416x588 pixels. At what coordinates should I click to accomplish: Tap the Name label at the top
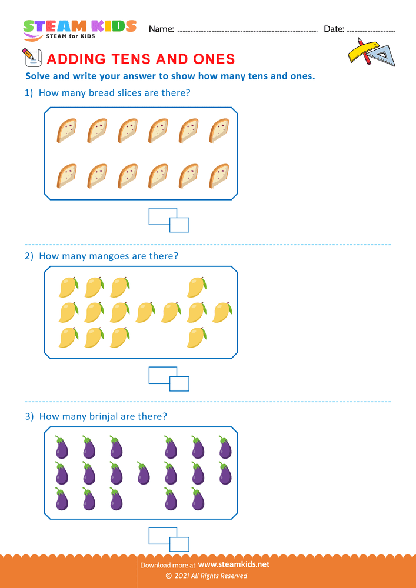pos(161,29)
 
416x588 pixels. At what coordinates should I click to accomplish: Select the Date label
pos(334,29)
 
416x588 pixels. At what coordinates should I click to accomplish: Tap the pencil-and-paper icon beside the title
pos(30,57)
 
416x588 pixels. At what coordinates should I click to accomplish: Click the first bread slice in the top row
pos(67,131)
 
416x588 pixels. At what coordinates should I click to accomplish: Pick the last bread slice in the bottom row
pos(219,175)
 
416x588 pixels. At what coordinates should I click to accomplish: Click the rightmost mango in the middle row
pos(222,312)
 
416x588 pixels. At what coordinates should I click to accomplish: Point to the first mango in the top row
pos(68,287)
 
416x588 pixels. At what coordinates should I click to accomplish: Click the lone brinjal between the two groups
pos(143,473)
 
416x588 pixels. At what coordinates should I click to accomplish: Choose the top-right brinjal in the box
pos(225,447)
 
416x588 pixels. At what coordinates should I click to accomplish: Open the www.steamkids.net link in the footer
pos(238,564)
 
